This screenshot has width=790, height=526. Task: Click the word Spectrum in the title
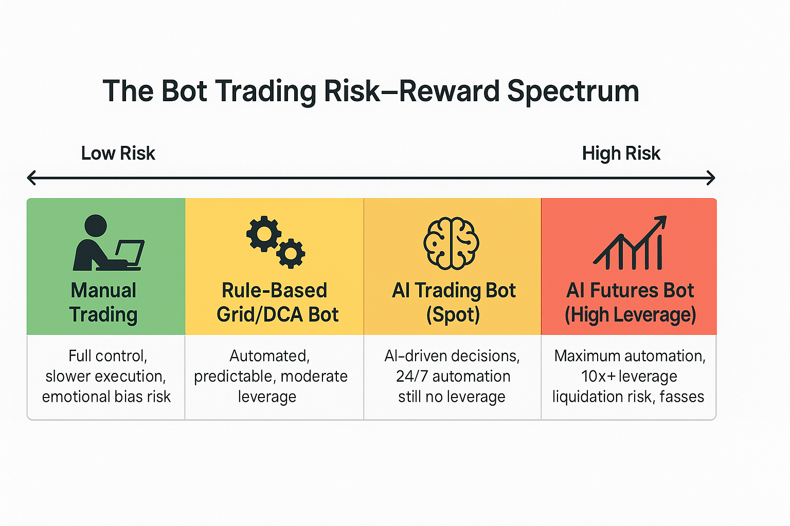point(573,91)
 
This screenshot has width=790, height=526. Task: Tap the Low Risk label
point(118,153)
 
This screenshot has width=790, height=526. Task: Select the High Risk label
point(621,154)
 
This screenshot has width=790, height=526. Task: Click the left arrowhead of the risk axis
point(32,178)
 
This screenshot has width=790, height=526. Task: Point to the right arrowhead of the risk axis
point(711,178)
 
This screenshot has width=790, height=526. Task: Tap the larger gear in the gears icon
point(264,234)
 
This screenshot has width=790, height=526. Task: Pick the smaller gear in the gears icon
point(291,254)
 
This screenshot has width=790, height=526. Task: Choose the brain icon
point(452,243)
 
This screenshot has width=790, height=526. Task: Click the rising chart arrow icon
point(630,242)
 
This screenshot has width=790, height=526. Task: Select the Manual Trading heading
point(103,302)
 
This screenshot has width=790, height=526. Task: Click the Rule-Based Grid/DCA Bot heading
point(277,302)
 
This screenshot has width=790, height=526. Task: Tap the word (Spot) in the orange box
point(453,314)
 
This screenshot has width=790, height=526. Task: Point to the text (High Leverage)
point(630,314)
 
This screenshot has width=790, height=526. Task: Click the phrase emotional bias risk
point(106,397)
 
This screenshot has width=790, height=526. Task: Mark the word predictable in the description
point(235,377)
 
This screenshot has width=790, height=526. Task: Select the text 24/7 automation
point(453,377)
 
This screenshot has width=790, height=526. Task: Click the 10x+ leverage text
point(629,377)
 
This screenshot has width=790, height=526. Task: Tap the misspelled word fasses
point(681,397)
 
